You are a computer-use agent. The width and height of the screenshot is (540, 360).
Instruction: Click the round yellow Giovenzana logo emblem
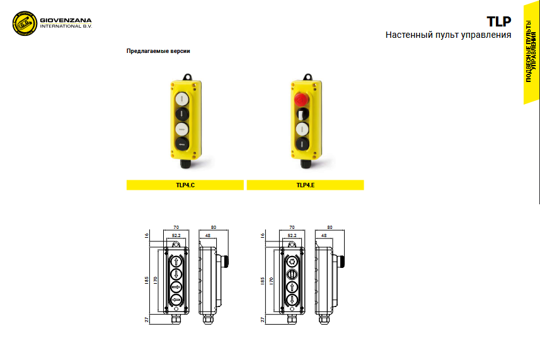[x=25, y=23]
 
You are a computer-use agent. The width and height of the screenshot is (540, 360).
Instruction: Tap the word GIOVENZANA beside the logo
[x=66, y=20]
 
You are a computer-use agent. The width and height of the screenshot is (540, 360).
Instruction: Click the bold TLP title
[x=498, y=21]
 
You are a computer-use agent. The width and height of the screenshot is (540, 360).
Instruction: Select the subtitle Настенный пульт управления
[x=448, y=35]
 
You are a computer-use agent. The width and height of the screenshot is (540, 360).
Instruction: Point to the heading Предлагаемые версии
[x=158, y=51]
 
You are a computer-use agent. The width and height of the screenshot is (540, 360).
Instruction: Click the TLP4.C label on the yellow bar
[x=185, y=185]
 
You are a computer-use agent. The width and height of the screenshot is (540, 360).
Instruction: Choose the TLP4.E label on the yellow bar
[x=306, y=185]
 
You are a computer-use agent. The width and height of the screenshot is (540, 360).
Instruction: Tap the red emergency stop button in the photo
[x=301, y=100]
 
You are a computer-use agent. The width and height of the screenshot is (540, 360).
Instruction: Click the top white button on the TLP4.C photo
[x=182, y=99]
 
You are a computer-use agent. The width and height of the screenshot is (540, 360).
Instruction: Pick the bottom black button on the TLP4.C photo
[x=182, y=144]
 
